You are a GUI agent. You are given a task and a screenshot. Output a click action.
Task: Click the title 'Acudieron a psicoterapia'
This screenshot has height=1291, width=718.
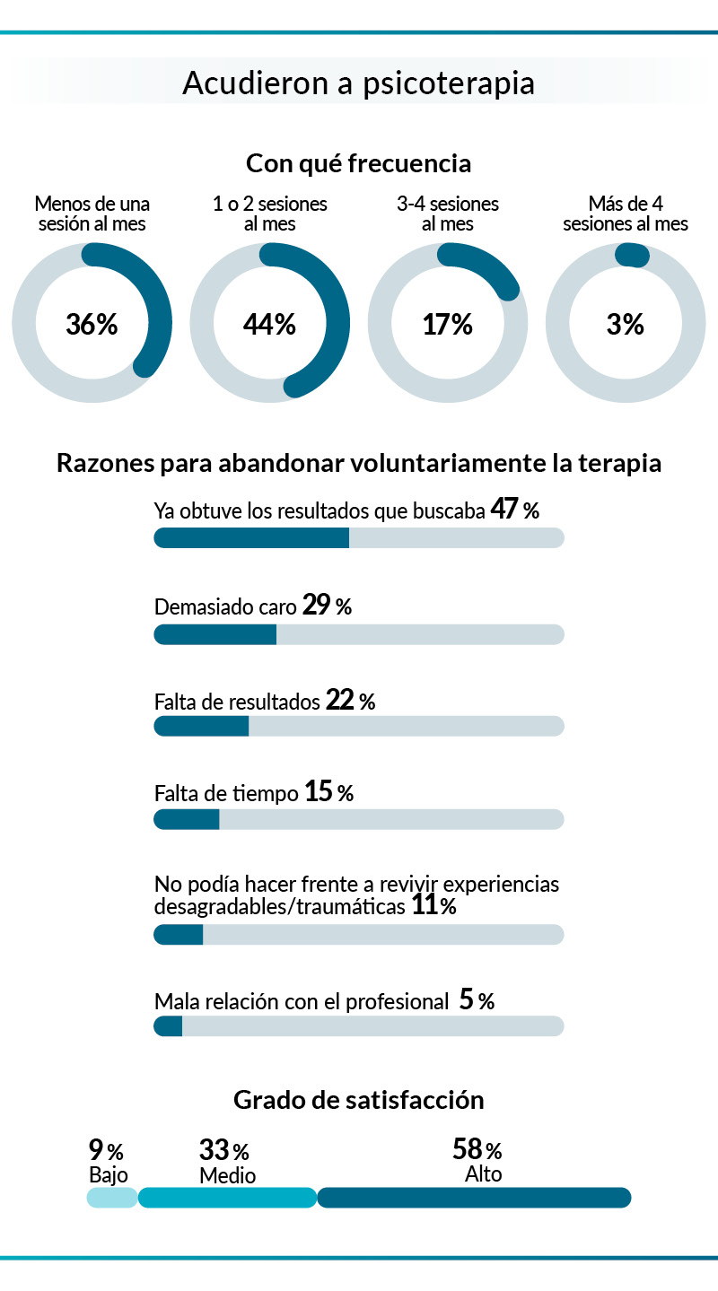click(x=358, y=83)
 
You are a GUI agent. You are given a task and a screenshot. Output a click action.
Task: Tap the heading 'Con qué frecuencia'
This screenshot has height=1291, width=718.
click(x=358, y=164)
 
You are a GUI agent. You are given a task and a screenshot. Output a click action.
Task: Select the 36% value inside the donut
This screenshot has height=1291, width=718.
click(x=92, y=324)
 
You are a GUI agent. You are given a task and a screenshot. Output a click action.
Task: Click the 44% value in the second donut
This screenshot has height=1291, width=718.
click(x=269, y=324)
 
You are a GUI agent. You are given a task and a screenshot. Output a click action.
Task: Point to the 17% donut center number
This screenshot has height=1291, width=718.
click(x=447, y=324)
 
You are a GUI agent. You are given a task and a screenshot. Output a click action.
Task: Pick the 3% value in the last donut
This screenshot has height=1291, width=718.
click(x=625, y=324)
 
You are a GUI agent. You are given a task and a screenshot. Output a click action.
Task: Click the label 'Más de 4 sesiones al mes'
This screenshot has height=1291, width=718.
click(x=626, y=214)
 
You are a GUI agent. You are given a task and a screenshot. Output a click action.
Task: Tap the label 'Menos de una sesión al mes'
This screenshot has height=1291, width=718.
click(x=92, y=214)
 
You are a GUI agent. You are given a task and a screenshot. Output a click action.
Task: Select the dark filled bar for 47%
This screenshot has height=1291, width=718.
click(x=251, y=537)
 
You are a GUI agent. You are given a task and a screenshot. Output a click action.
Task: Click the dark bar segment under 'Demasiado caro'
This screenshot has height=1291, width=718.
click(x=215, y=634)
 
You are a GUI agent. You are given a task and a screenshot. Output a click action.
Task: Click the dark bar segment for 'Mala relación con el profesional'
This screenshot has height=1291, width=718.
click(x=169, y=1026)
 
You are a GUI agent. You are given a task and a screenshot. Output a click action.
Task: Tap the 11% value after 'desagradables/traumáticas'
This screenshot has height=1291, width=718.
click(x=434, y=906)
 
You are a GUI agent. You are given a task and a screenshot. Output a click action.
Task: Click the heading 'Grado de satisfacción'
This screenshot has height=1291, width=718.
click(x=358, y=1099)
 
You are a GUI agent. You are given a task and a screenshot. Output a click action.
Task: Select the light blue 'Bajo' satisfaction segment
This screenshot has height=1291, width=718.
click(x=112, y=1198)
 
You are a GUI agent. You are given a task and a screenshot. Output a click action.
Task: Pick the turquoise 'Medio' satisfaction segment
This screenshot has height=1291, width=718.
click(x=227, y=1198)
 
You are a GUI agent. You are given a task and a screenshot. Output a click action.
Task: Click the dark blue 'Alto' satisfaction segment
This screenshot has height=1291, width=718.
click(x=474, y=1198)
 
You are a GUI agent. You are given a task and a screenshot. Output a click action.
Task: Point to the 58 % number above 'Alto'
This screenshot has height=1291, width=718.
click(x=477, y=1149)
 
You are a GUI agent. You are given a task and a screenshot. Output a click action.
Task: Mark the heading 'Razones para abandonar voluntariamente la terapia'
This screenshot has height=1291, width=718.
click(x=358, y=464)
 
